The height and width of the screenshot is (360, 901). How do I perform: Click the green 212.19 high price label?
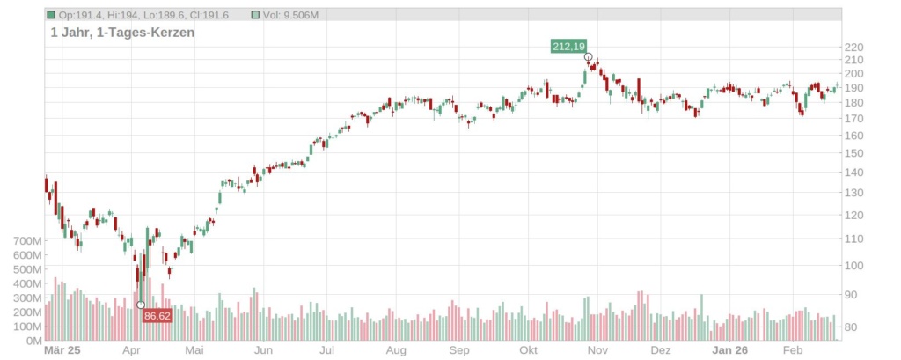coord(568,46)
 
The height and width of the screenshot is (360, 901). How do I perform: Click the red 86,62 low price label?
coord(157,315)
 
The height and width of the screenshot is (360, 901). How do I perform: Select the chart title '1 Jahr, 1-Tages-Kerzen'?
coord(122,32)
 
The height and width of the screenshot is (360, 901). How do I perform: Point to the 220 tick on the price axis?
coord(854,48)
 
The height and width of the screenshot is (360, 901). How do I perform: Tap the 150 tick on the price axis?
coord(854,153)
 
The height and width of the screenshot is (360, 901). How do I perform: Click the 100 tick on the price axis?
coord(854,266)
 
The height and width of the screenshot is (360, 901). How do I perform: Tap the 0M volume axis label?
coord(32,341)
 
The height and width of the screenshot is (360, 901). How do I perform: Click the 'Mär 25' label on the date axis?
coord(62,350)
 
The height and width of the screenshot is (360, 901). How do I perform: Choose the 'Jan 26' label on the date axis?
coord(730,350)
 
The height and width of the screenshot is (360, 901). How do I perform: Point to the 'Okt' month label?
coord(529,350)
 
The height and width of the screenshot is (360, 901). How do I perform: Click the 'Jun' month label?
coord(262,350)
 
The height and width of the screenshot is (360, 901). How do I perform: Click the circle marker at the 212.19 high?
coord(588,56)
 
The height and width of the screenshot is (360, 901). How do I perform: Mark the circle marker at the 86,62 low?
coord(141,305)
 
